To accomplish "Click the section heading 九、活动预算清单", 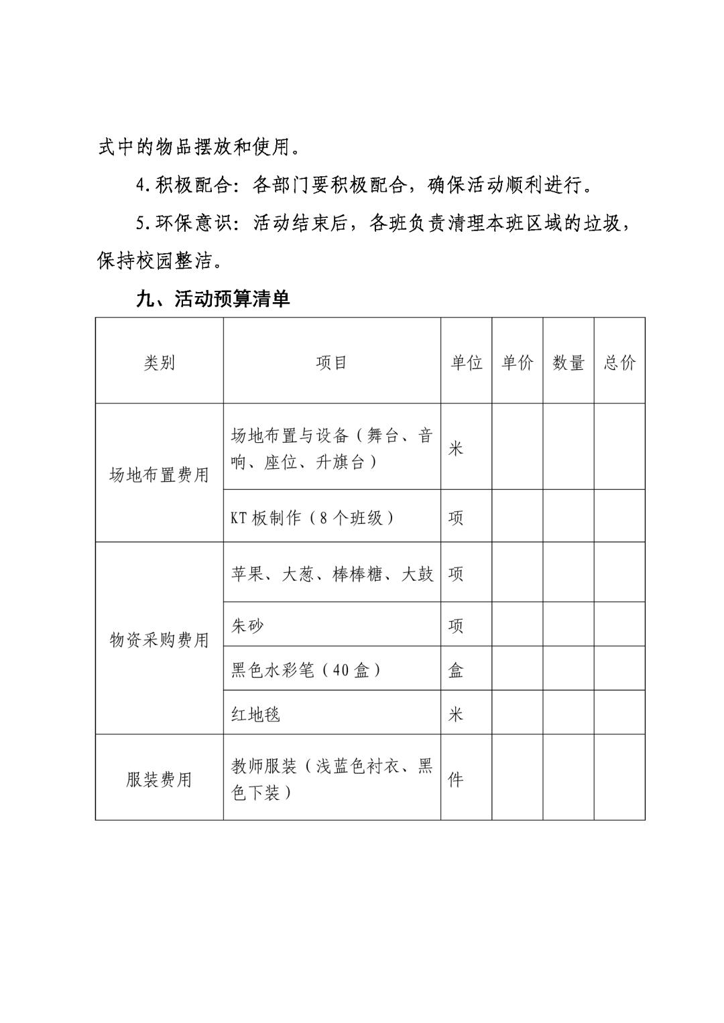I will [x=213, y=298].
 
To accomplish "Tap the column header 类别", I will [x=159, y=362].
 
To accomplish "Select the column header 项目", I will [x=331, y=362].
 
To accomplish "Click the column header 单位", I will [x=466, y=362].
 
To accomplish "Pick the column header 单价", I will [x=517, y=362].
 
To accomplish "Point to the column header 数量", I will [x=568, y=362].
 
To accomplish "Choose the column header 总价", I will [x=619, y=362].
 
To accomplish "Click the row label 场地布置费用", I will [x=159, y=475].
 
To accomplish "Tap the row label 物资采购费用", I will [x=159, y=640].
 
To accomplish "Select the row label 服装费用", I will [x=159, y=779].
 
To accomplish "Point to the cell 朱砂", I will [x=247, y=626].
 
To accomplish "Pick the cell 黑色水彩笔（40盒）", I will [x=306, y=670].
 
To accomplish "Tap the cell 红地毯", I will [x=255, y=714].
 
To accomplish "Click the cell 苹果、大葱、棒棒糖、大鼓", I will [x=332, y=574].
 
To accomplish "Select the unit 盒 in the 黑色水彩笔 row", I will [x=456, y=670].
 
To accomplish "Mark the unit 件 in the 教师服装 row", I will [x=456, y=779].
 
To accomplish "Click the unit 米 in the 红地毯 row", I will [x=456, y=714].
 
